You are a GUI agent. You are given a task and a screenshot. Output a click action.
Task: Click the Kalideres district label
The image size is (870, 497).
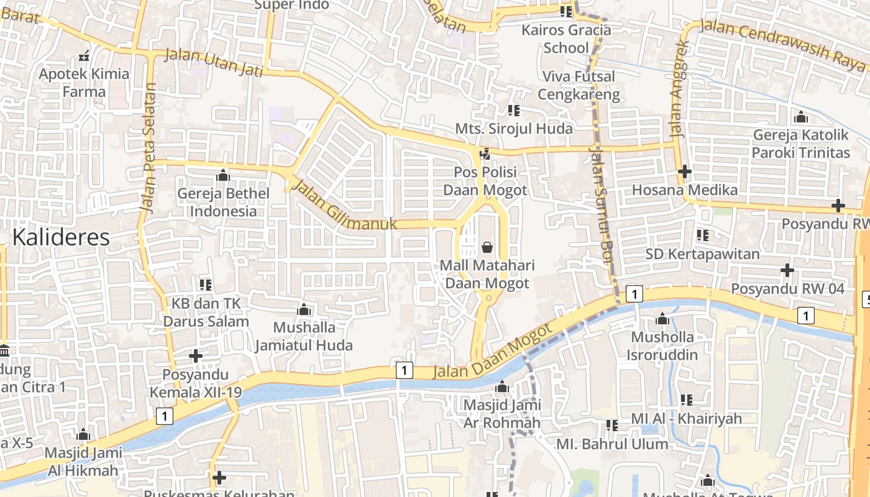(61, 237)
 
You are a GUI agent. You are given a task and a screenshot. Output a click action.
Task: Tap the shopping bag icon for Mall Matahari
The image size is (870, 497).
(487, 247)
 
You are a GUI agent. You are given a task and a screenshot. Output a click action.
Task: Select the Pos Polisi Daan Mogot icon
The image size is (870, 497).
(485, 153)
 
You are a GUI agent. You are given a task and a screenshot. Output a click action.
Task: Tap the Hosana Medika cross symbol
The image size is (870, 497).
(685, 171)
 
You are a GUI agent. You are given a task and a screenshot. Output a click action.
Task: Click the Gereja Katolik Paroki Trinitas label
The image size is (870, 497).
(800, 144)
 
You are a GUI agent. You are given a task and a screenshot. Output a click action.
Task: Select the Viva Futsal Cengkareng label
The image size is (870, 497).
(579, 85)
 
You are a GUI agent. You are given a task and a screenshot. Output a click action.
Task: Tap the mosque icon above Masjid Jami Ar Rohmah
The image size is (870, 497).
(502, 387)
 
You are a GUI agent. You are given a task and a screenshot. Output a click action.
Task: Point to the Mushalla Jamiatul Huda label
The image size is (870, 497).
(304, 336)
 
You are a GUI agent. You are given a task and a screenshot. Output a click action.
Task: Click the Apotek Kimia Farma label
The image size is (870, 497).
(85, 83)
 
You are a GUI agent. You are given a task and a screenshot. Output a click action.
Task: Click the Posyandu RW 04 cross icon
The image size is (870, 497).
(787, 270)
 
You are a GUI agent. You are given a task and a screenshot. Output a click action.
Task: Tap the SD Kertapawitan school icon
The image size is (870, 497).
(703, 235)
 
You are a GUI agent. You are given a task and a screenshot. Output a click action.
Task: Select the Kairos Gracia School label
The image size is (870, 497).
(566, 39)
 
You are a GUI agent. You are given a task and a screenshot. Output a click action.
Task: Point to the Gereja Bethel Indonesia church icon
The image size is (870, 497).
(223, 175)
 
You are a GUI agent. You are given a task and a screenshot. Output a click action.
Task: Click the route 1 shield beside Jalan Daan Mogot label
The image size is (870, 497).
(404, 371)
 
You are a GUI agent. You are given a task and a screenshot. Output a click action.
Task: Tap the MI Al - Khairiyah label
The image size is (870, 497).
(686, 418)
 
